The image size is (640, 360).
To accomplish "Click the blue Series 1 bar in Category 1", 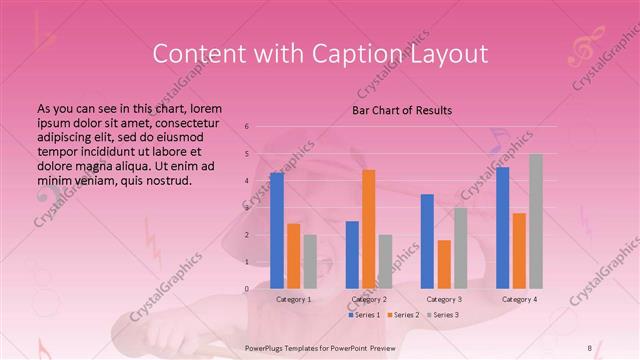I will coord(277,231).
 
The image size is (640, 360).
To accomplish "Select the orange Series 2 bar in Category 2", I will coord(369,229).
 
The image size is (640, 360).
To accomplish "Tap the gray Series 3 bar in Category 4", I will coord(536,221).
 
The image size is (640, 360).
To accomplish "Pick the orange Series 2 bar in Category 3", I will coord(444,264).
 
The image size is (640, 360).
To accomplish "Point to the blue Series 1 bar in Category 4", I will coord(502,228).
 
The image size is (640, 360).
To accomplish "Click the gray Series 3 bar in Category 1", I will coord(310,262).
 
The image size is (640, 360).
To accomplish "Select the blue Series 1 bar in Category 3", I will coord(427,241).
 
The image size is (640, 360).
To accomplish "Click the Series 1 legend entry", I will coord(365,315).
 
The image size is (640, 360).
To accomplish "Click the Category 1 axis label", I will coord(294,299).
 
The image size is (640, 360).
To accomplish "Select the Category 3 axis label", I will coord(444,299).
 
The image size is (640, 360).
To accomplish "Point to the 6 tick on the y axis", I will coord(246,127).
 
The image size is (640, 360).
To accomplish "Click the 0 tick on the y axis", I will coord(246,289).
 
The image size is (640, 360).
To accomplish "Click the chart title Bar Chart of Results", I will coord(402,110).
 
